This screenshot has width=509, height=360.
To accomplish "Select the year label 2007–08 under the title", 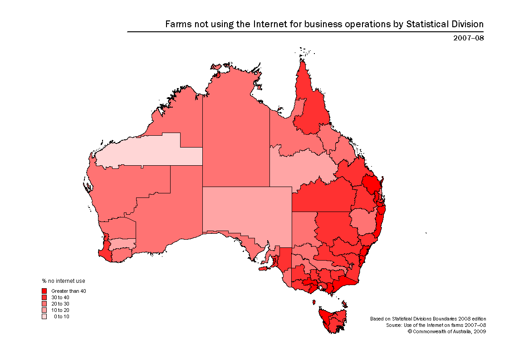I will click(468, 38).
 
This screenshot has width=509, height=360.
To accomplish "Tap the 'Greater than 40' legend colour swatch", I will click(44, 291).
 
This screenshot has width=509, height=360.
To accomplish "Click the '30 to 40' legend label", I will click(60, 297).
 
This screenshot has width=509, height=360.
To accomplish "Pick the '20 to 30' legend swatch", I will click(44, 304).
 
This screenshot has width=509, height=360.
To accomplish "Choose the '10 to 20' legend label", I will click(60, 310).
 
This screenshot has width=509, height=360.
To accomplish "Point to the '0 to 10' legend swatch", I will click(44, 316).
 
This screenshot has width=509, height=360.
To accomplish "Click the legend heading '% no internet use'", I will click(64, 281).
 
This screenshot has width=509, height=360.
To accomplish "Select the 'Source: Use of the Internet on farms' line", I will click(436, 325).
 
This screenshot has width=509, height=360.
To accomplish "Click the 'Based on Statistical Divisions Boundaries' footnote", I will click(428, 319).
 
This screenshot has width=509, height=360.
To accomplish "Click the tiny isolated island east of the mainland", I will click(426, 233).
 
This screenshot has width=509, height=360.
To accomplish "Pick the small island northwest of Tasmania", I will click(313, 302).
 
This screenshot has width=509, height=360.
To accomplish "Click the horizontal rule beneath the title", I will click(305, 32).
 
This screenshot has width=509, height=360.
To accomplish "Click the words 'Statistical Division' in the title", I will click(445, 24).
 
